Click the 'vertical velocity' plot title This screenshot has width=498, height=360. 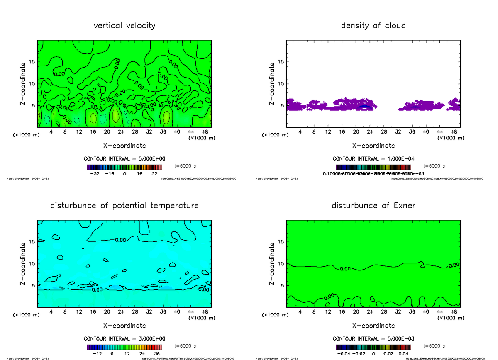tap(124, 26)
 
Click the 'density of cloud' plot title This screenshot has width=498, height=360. tap(373, 26)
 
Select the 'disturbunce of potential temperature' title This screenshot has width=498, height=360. tap(124, 206)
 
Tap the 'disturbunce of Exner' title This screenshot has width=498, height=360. tap(373, 206)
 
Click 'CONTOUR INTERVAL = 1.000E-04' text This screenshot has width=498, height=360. tap(373, 159)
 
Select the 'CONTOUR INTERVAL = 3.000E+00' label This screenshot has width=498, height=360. tap(124, 339)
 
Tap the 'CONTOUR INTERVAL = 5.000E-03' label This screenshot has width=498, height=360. tap(373, 339)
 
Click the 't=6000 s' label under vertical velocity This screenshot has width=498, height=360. tap(185, 165)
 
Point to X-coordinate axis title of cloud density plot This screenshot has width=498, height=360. tap(373, 146)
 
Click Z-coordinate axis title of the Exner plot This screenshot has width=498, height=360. tap(273, 264)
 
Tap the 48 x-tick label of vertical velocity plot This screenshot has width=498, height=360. tap(205, 132)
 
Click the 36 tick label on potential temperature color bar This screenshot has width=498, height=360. tap(158, 354)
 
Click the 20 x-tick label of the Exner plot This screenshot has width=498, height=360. tap(356, 312)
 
